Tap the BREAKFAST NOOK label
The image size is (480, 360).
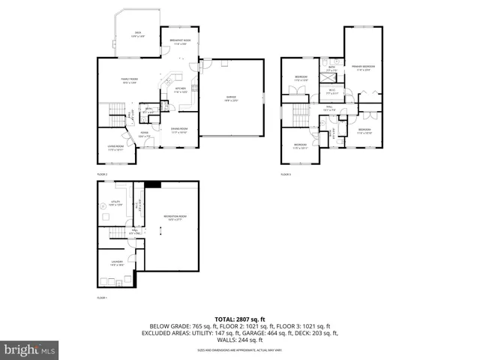pyautogui.click(x=180, y=42)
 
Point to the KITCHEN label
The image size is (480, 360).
pyautogui.click(x=180, y=89)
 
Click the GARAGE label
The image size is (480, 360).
pyautogui.click(x=232, y=98)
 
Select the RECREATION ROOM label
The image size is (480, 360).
pyautogui.click(x=175, y=219)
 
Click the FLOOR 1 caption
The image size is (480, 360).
pyautogui.click(x=102, y=298)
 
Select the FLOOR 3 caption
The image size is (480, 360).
pyautogui.click(x=286, y=174)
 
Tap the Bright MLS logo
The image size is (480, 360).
pyautogui.click(x=28, y=349)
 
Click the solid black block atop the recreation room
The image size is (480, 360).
pyautogui.click(x=154, y=184)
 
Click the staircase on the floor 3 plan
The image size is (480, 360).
pyautogui.click(x=300, y=116)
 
